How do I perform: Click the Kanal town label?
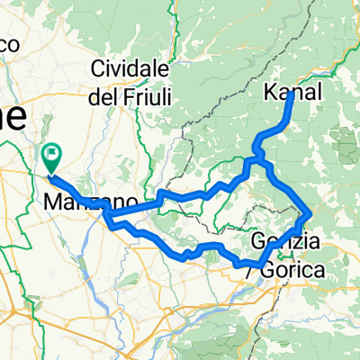click(x=292, y=92)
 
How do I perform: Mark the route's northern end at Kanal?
click(x=290, y=95)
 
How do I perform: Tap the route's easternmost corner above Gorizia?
click(x=310, y=213)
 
